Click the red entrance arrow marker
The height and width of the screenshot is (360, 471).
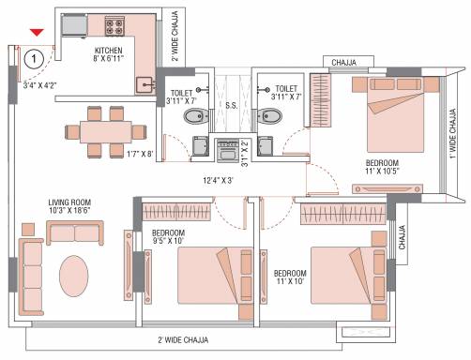pos(37,32)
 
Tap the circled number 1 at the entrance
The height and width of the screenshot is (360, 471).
pos(34,59)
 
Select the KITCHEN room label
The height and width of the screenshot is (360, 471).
pos(108,51)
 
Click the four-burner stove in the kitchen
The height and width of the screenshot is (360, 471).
pos(114,26)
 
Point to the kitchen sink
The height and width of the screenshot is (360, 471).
pos(144,85)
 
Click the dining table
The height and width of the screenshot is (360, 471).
pos(106,132)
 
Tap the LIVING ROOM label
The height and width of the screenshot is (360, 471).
pos(69,202)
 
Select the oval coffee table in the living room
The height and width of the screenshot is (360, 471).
pos(74,276)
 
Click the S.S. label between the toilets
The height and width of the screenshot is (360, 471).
pos(232,106)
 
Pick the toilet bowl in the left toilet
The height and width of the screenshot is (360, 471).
pos(195,116)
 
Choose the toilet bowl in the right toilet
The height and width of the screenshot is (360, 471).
pos(269,116)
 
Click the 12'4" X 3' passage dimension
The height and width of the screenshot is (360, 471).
pos(218,180)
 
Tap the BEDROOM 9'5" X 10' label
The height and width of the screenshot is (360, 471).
pos(168,237)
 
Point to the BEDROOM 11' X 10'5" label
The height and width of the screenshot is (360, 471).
pos(382,167)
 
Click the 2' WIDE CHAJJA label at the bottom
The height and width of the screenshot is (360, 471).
pos(183,339)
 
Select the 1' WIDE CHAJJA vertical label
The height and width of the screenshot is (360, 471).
pos(453,134)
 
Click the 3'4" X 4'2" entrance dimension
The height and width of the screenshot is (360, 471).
pos(39,85)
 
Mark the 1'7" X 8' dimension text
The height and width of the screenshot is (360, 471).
pos(140,154)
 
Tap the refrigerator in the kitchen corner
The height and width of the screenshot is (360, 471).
pos(74,25)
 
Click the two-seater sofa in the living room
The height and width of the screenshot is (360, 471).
pos(75,232)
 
